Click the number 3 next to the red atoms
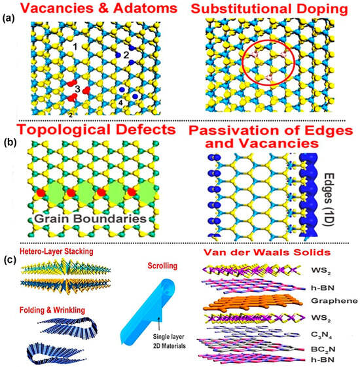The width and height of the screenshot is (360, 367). point(77,89)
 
